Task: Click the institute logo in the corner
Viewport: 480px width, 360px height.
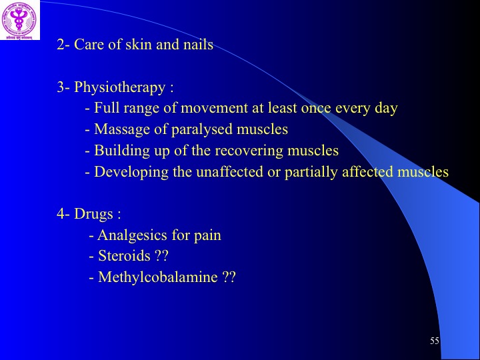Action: coord(20,20)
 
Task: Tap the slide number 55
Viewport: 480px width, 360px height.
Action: coord(435,341)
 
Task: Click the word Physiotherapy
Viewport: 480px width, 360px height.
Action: coord(120,88)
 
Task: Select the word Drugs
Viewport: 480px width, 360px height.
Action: coord(93,213)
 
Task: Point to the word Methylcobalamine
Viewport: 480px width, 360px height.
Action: coord(157,277)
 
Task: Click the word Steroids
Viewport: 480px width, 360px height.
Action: coord(124,255)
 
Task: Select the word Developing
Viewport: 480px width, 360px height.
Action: coord(131,173)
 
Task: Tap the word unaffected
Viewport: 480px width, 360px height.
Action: coord(229,172)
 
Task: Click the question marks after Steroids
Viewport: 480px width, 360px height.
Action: coord(161,255)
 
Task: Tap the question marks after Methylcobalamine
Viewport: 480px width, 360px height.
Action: coord(229,277)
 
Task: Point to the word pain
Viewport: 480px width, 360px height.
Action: coord(207,236)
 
